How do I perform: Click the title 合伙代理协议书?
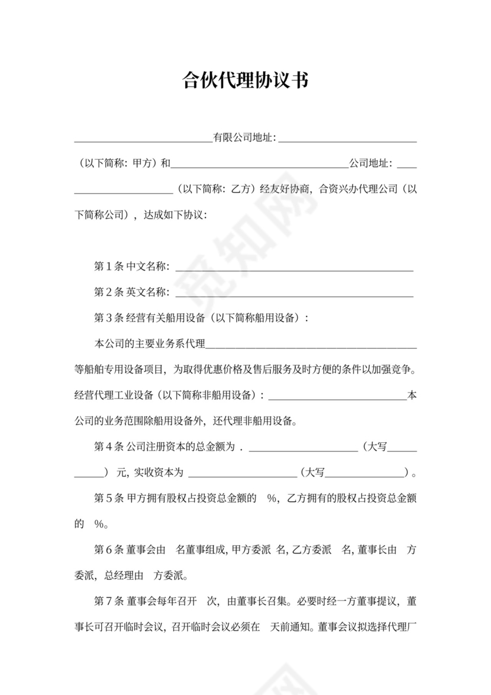(245, 81)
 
